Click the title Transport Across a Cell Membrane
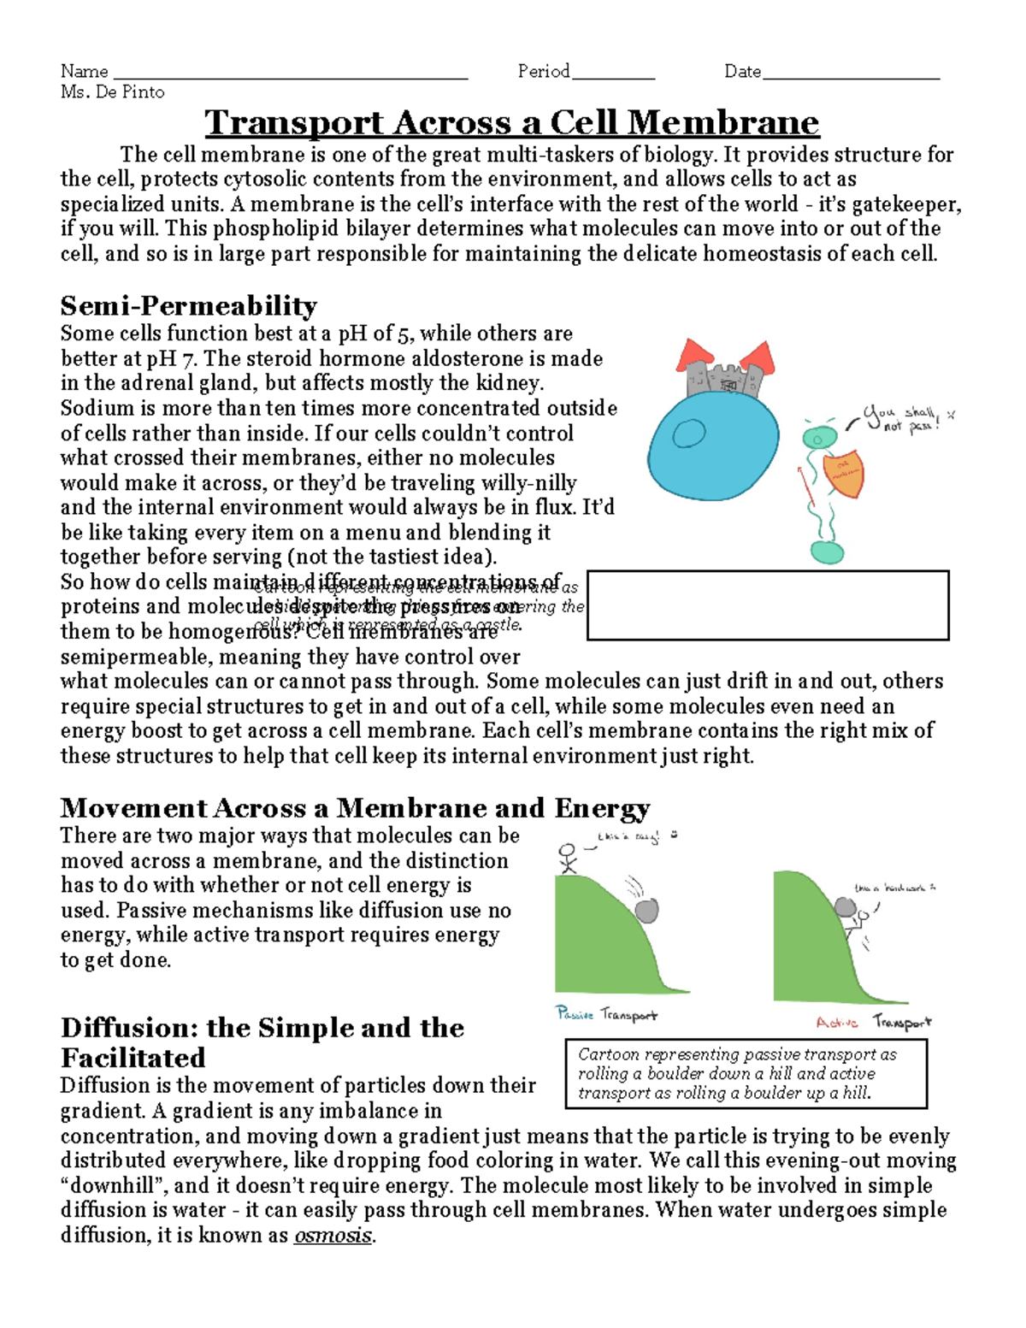pyautogui.click(x=511, y=122)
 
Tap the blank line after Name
pyautogui.click(x=291, y=74)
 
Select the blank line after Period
pyautogui.click(x=613, y=74)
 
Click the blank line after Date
pyautogui.click(x=851, y=74)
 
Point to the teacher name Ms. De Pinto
pyautogui.click(x=112, y=92)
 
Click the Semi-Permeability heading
pyautogui.click(x=188, y=305)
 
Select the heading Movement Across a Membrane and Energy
pyautogui.click(x=355, y=808)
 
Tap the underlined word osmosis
pyautogui.click(x=333, y=1236)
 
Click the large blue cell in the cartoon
pyautogui.click(x=714, y=445)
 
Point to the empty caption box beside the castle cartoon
pyautogui.click(x=768, y=605)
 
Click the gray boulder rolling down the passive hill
pyautogui.click(x=646, y=909)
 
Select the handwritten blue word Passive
pyautogui.click(x=575, y=1013)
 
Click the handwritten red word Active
pyautogui.click(x=836, y=1023)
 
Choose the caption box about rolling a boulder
pyautogui.click(x=746, y=1073)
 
